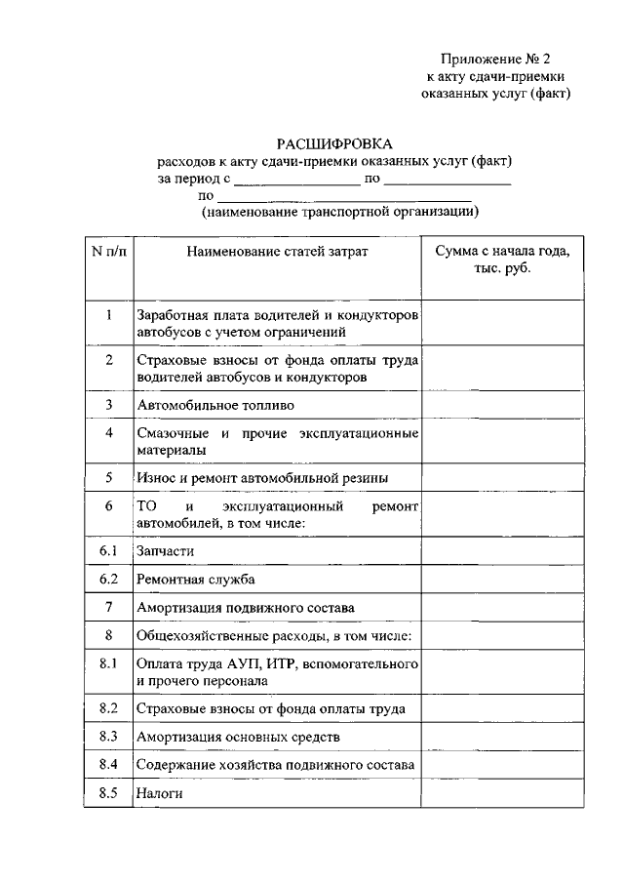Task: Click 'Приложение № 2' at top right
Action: coord(502,59)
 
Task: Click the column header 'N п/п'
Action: coord(108,252)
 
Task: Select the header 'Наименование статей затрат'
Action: coord(278,252)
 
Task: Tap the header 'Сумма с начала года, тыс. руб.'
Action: coord(502,260)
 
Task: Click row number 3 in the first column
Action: coord(108,404)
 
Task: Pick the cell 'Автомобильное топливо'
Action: coord(215,404)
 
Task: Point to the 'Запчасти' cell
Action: coord(165,551)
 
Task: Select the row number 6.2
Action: coord(108,580)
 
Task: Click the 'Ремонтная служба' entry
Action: coord(196,580)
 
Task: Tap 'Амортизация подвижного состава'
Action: coord(245,608)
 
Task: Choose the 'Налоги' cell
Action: coord(160,793)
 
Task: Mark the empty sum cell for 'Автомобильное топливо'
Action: coord(502,404)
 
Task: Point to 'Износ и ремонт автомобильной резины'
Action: coord(262,478)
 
